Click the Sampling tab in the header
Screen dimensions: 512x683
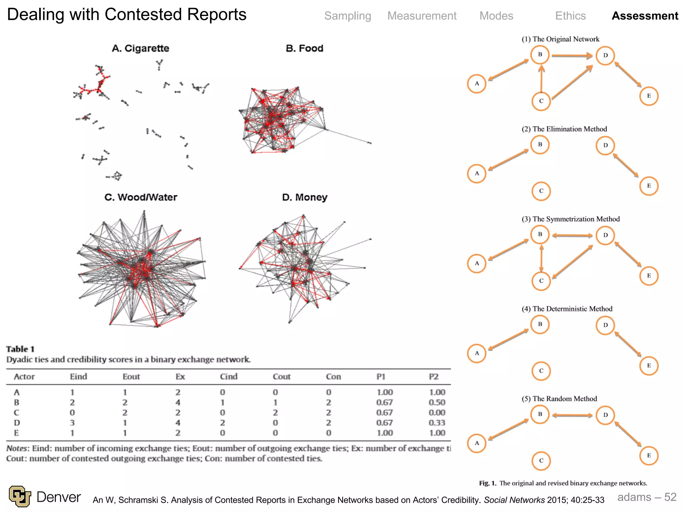[348, 16]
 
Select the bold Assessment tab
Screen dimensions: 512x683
[645, 16]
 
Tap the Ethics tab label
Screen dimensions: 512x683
[570, 16]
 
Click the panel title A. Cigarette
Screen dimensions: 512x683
[140, 48]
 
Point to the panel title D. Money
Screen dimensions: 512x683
[304, 197]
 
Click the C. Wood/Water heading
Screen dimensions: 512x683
[141, 197]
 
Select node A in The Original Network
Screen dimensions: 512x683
[477, 83]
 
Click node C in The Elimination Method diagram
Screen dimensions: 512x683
[541, 191]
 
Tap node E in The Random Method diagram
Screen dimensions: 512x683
[649, 455]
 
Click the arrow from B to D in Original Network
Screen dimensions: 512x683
[572, 56]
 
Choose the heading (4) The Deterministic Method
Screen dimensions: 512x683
[567, 309]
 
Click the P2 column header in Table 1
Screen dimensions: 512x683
[434, 377]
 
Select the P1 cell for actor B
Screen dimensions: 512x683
[385, 402]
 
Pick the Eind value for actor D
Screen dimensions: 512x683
[72, 423]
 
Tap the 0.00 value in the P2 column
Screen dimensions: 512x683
[437, 413]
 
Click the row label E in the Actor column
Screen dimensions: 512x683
[16, 433]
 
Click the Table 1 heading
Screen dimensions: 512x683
[20, 349]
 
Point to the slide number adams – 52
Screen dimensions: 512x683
[647, 497]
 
